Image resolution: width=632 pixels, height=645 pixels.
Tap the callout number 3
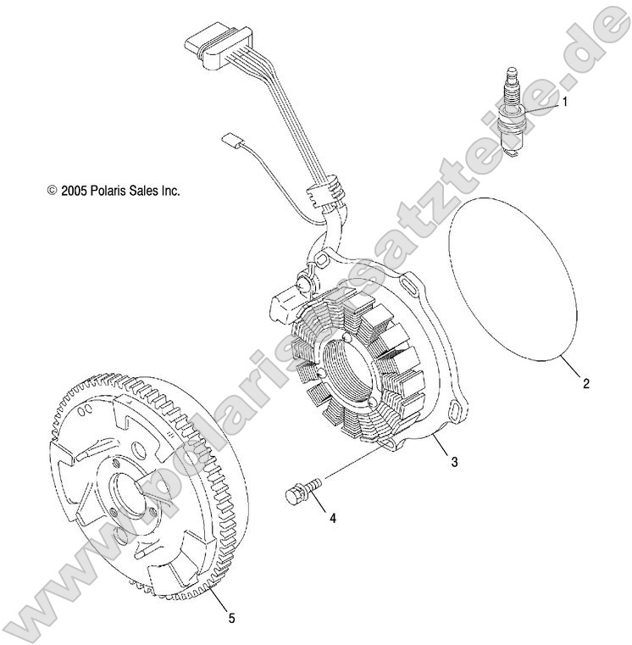pos(454,462)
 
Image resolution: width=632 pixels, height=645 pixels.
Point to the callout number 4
pos(332,518)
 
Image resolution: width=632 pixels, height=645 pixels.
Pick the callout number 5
pos(231,619)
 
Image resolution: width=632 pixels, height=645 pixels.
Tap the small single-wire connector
pos(230,139)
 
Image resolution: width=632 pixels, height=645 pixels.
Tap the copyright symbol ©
pos(52,192)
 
